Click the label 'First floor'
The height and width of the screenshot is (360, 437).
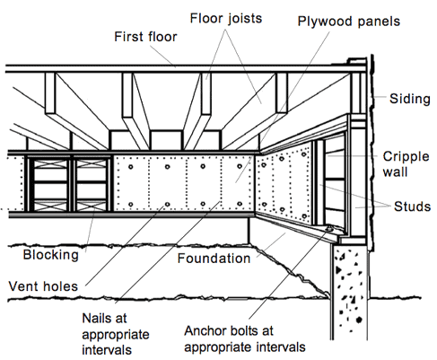tap(145, 37)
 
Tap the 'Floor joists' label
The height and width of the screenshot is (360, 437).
tap(226, 19)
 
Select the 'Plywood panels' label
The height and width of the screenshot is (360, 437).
tap(349, 22)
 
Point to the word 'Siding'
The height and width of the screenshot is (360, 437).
tap(410, 99)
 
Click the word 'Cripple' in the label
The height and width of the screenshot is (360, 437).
tap(406, 157)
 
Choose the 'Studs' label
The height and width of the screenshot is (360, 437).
tap(412, 206)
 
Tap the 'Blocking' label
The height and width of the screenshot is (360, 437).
tap(51, 255)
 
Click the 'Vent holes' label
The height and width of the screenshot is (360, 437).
tap(43, 286)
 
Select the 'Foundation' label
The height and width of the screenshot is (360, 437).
tap(214, 259)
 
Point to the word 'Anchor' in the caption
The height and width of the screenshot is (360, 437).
tap(204, 331)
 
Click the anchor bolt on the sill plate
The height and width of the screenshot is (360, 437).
tap(329, 229)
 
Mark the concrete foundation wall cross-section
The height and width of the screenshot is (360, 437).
tap(349, 293)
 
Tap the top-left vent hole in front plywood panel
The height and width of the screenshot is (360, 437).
tap(131, 167)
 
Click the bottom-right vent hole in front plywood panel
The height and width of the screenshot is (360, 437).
tap(240, 204)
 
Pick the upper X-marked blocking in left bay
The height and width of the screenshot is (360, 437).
tap(50, 164)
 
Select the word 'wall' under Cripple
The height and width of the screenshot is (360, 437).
tap(395, 172)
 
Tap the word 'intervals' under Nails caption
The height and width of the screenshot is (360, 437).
tap(107, 350)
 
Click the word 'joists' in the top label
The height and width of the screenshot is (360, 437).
tap(245, 19)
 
